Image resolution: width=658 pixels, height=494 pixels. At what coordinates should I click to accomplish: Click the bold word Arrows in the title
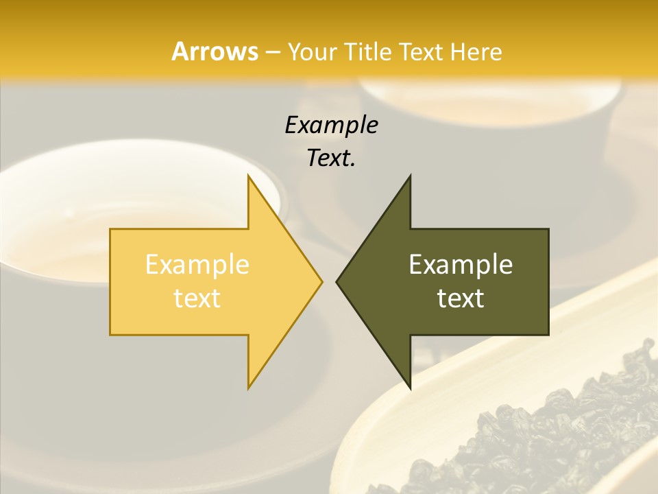(215, 51)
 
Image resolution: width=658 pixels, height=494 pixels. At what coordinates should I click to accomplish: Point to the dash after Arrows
(272, 52)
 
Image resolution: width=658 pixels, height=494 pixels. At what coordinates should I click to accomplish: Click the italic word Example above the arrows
(332, 125)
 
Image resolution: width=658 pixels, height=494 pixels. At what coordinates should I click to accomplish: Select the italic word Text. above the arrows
(332, 158)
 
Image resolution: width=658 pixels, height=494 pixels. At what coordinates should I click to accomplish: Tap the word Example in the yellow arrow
(197, 264)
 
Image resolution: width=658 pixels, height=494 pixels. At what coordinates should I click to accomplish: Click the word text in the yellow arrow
(197, 298)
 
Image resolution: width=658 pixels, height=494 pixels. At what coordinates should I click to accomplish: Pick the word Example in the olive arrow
(461, 264)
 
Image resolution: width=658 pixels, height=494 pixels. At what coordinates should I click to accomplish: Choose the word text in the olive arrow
(461, 298)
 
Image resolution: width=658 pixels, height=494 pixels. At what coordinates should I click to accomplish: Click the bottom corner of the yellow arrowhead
(249, 387)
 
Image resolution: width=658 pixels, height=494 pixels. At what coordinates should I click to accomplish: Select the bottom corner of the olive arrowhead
(410, 387)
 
